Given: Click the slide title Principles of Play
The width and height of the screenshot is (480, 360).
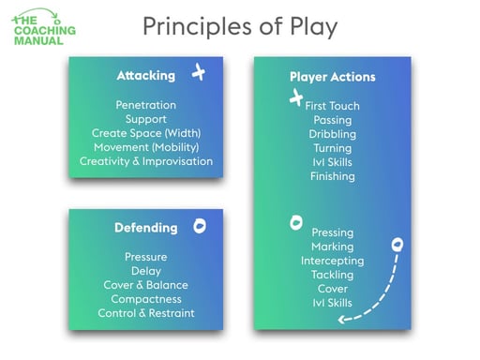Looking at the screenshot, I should tap(239, 26).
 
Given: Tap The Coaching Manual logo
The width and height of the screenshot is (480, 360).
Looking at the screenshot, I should tap(45, 27).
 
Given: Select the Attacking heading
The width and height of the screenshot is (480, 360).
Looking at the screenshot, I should tap(145, 75).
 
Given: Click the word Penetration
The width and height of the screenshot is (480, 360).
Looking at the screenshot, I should tap(145, 105).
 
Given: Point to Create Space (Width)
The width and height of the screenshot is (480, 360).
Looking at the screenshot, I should tap(145, 133).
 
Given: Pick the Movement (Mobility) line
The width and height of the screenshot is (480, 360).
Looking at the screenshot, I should tap(145, 147).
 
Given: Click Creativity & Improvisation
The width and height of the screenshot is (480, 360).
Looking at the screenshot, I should tap(145, 161).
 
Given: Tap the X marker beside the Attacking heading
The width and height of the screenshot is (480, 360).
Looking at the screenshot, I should tap(198, 72).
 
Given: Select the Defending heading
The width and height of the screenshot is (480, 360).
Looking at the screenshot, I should tap(145, 228).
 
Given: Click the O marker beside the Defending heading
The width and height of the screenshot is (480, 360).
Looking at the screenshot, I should tap(199, 226).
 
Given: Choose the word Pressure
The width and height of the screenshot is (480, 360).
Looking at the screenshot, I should tap(145, 257).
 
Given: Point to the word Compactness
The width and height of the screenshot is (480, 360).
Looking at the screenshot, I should tap(145, 299).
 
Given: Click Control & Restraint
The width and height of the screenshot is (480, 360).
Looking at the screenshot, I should tap(145, 313).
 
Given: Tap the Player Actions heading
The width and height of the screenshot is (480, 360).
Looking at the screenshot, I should tap(332, 76).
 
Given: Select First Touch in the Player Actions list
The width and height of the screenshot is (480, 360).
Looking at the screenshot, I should tap(332, 106).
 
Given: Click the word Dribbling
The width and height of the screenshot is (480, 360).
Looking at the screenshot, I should tap(332, 134).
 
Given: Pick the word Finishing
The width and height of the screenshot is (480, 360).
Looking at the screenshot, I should tap(332, 176).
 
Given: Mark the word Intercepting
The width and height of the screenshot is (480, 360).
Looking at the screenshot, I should tap(332, 261).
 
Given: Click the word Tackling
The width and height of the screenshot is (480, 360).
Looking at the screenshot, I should tap(332, 275).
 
